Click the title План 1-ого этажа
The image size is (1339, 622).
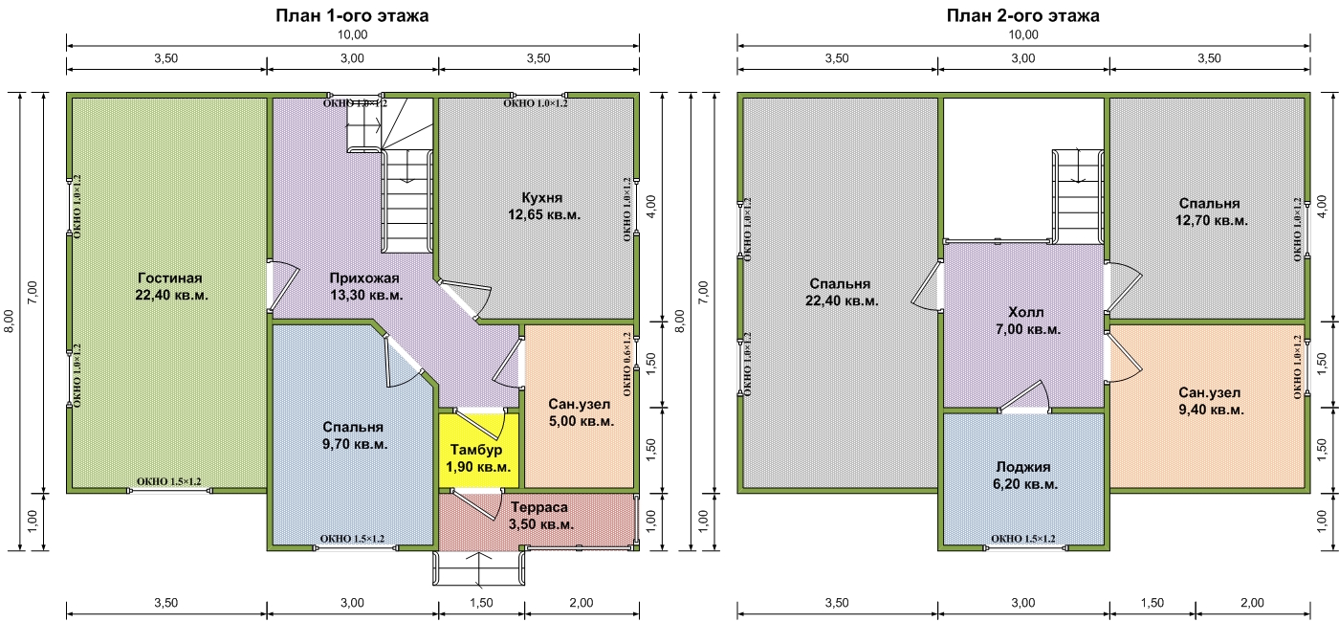tap(352, 15)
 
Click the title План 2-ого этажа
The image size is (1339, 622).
tap(1022, 15)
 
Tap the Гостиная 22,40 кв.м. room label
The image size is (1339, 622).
tap(171, 286)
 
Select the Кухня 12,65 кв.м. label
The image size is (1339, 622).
tap(544, 206)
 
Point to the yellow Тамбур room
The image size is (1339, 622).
tap(478, 450)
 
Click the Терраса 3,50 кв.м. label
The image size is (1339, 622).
tap(541, 516)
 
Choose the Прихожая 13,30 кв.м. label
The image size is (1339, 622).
tap(365, 286)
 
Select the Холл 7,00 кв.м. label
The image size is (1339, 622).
tap(1027, 321)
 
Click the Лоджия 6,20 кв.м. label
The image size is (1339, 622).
tap(1024, 476)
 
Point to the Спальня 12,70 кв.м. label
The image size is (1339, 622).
tap(1211, 211)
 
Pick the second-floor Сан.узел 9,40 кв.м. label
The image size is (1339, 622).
tap(1211, 401)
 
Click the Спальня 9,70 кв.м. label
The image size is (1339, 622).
tap(355, 435)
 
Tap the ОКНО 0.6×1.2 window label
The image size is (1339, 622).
tap(627, 365)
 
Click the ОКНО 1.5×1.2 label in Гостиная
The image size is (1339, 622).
tap(168, 481)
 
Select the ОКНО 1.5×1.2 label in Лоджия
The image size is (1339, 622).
tap(1022, 539)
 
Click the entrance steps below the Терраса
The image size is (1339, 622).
tap(479, 568)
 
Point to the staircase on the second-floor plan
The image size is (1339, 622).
tap(1078, 195)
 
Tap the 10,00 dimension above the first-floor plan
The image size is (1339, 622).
tap(352, 34)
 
